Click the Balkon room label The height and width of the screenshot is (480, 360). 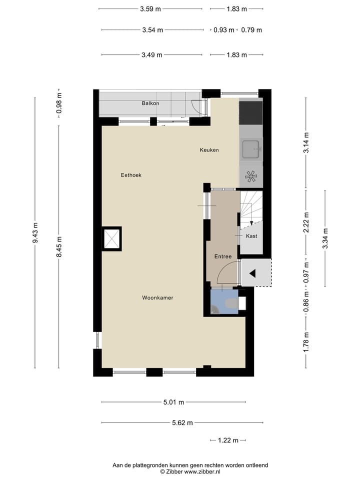coord(150,103)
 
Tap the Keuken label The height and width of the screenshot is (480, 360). coord(209,150)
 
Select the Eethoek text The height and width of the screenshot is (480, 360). coord(131,175)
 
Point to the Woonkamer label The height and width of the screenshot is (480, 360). coord(157,297)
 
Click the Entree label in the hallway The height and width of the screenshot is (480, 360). coord(223,256)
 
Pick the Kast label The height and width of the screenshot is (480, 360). coord(251,236)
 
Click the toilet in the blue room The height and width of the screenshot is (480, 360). coord(231,303)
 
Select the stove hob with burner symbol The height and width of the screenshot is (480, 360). coord(250,176)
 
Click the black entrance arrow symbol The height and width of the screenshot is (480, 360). coord(253,273)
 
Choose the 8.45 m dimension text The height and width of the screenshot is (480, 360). coord(59,247)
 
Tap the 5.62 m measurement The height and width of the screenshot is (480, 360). coord(182,422)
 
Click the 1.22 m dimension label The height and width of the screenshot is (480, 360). coord(227,440)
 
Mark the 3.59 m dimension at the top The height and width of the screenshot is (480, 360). coord(150,8)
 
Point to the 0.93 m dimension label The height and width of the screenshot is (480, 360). coord(223,30)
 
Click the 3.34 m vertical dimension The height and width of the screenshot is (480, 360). coord(325,238)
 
